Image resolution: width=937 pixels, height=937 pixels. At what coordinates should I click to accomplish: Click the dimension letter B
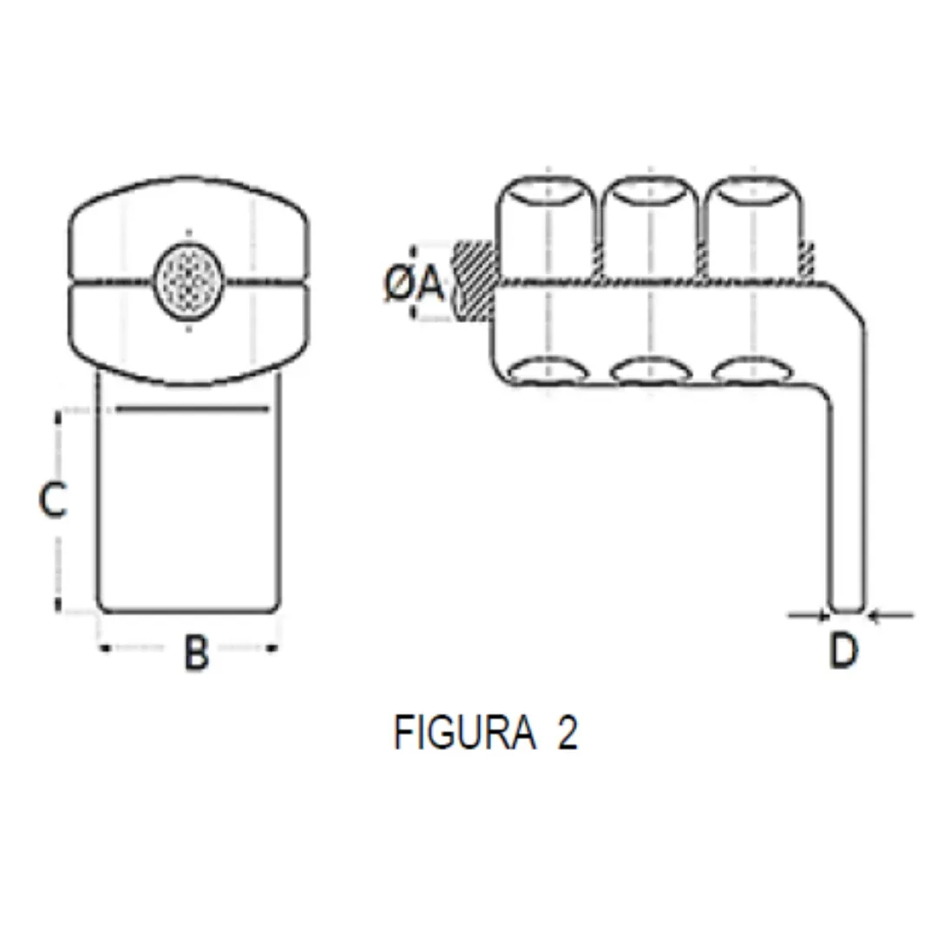196,652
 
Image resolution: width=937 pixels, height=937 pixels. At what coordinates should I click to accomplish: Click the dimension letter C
54,501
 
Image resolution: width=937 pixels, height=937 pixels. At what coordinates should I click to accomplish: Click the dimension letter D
843,651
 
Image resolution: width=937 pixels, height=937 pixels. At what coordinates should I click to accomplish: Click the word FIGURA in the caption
464,733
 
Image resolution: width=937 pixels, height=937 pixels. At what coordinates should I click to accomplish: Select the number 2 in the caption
567,733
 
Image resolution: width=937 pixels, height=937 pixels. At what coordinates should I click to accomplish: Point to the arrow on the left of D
811,615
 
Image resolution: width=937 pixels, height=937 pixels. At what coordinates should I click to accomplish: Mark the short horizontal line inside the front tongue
191,408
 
